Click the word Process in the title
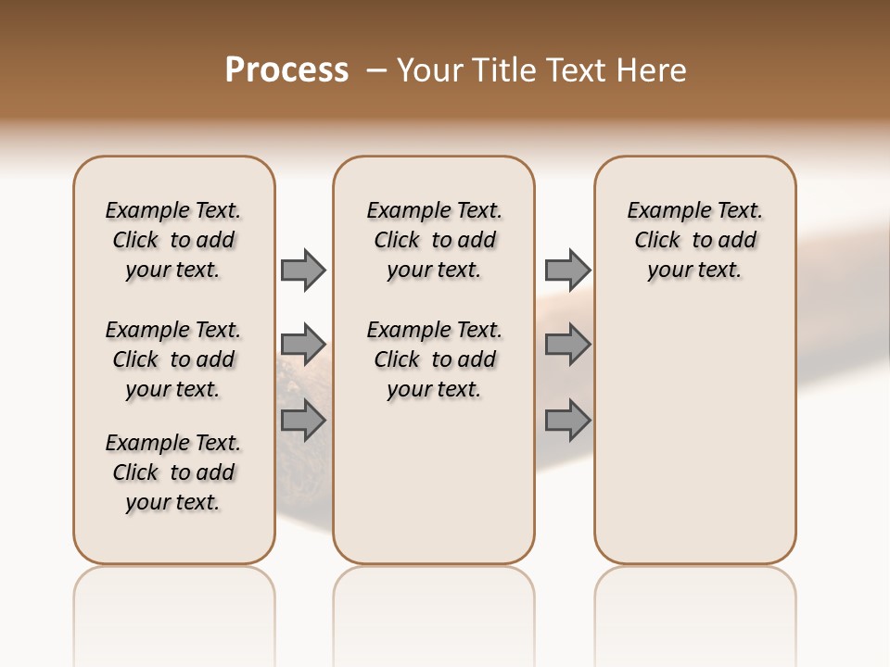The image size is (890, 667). click(x=286, y=70)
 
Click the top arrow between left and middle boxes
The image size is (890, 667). click(x=303, y=270)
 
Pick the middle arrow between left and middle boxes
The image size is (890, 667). click(x=303, y=345)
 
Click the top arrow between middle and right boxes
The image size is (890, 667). click(x=567, y=270)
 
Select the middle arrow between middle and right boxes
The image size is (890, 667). click(x=567, y=345)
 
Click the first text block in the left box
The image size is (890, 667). click(x=173, y=240)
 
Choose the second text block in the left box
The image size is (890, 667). click(x=173, y=359)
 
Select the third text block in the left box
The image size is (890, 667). click(x=173, y=472)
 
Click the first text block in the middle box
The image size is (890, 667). click(x=434, y=240)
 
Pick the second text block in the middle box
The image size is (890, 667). click(x=434, y=359)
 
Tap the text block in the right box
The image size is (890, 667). click(x=695, y=240)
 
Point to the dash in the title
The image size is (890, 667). click(x=376, y=70)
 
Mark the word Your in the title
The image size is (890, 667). click(x=430, y=70)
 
